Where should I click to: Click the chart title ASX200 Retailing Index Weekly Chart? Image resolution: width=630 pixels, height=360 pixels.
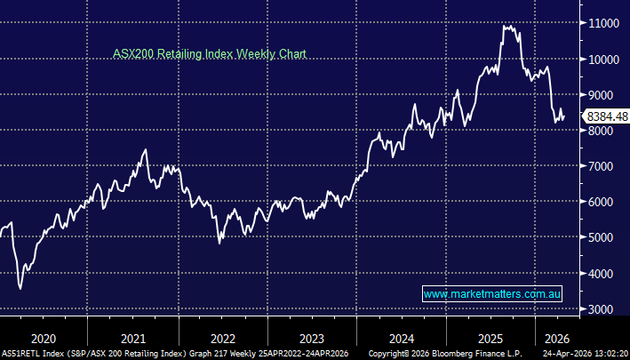coord(209,54)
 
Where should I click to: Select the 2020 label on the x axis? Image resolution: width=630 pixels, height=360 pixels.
coord(43,338)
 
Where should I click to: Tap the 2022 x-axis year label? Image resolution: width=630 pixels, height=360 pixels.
coord(222,338)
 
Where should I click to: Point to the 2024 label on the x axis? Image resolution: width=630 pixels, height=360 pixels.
coord(402,338)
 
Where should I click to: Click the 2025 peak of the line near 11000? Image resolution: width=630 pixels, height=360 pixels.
coord(506,27)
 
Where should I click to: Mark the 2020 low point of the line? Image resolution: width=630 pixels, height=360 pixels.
coord(20,288)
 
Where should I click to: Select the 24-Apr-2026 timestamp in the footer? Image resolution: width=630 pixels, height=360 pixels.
coord(572,354)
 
